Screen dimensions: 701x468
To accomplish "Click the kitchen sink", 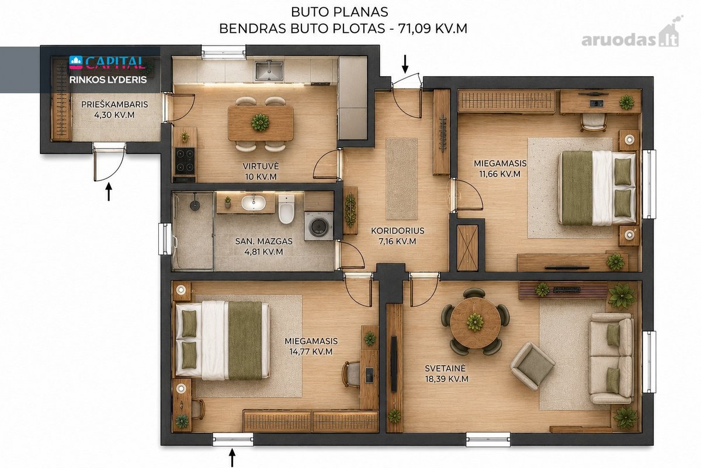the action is pos(269,71).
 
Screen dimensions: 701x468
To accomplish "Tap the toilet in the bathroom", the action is pos(286,208).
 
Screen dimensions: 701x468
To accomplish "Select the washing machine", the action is pos(318,226).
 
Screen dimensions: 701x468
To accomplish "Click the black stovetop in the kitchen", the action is pos(185,161).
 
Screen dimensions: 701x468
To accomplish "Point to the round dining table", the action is pos(475,322).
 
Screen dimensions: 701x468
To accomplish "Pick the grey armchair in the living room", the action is pos(533,366).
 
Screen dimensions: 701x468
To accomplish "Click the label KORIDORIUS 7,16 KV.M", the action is pos(397,236).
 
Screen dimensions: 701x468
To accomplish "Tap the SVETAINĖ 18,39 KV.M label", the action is pos(446,373).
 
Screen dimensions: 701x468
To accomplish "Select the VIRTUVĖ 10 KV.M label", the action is pos(261,171).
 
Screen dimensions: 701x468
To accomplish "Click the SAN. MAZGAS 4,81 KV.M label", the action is pos(264,246).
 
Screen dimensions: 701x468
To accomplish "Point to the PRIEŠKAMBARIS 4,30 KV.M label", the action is pos(114,109).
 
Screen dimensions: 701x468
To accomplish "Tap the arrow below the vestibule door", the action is pos(109,192).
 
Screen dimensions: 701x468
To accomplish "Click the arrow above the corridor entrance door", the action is pos(405,64).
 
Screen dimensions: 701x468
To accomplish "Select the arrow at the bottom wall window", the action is pos(232,457).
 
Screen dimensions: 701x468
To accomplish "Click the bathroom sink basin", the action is pos(254,203).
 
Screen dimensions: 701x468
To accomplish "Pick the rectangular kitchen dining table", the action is pos(261,123).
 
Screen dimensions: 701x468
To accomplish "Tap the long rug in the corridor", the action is pos(401,178).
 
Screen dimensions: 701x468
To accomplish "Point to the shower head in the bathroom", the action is pos(195,205).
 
